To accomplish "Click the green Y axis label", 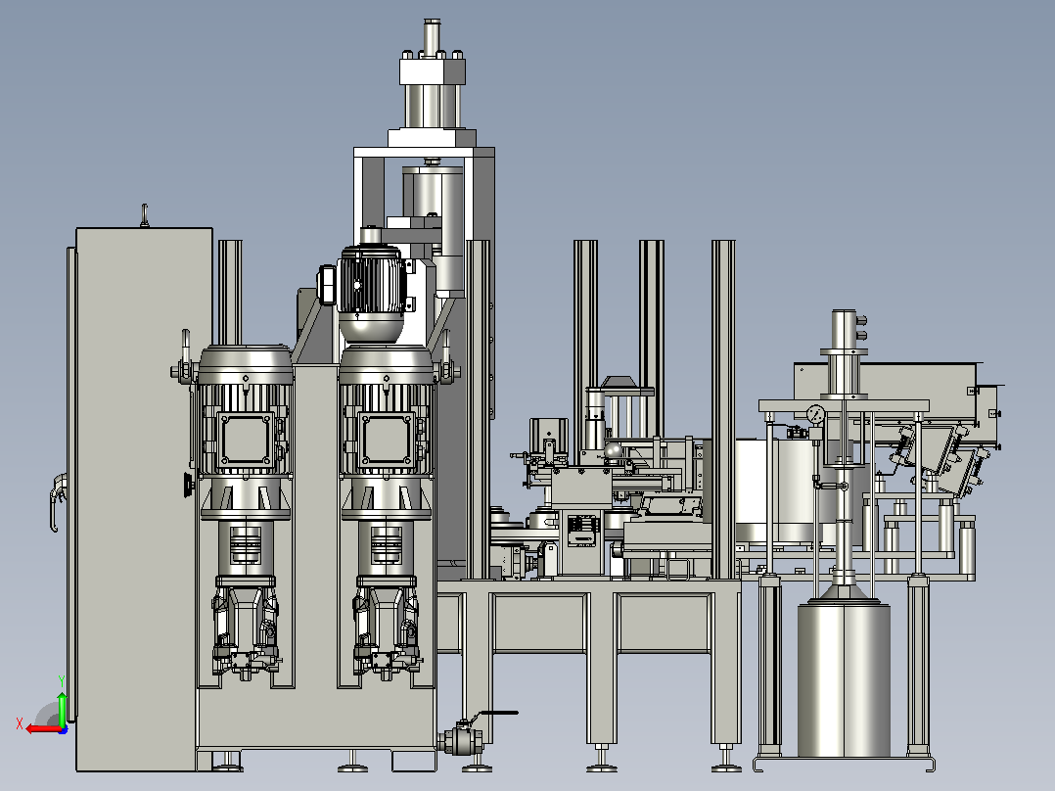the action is [62, 681].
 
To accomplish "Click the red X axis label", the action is [20, 723].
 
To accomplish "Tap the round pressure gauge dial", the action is [815, 414].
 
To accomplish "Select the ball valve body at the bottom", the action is [461, 740].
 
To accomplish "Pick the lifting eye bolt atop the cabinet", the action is [144, 215].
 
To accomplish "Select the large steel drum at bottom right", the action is [844, 680].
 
